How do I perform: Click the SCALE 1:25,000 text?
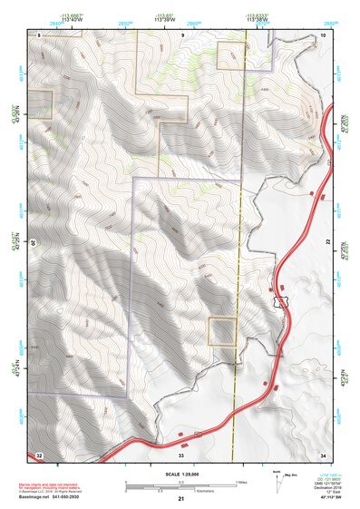click(180, 475)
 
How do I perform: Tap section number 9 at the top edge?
click(181, 34)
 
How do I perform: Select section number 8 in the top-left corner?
click(40, 34)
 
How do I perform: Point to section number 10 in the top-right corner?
click(323, 34)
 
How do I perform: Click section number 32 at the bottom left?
click(39, 454)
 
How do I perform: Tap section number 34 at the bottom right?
click(323, 454)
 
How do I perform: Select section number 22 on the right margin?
click(328, 241)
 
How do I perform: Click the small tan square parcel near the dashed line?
click(222, 331)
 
